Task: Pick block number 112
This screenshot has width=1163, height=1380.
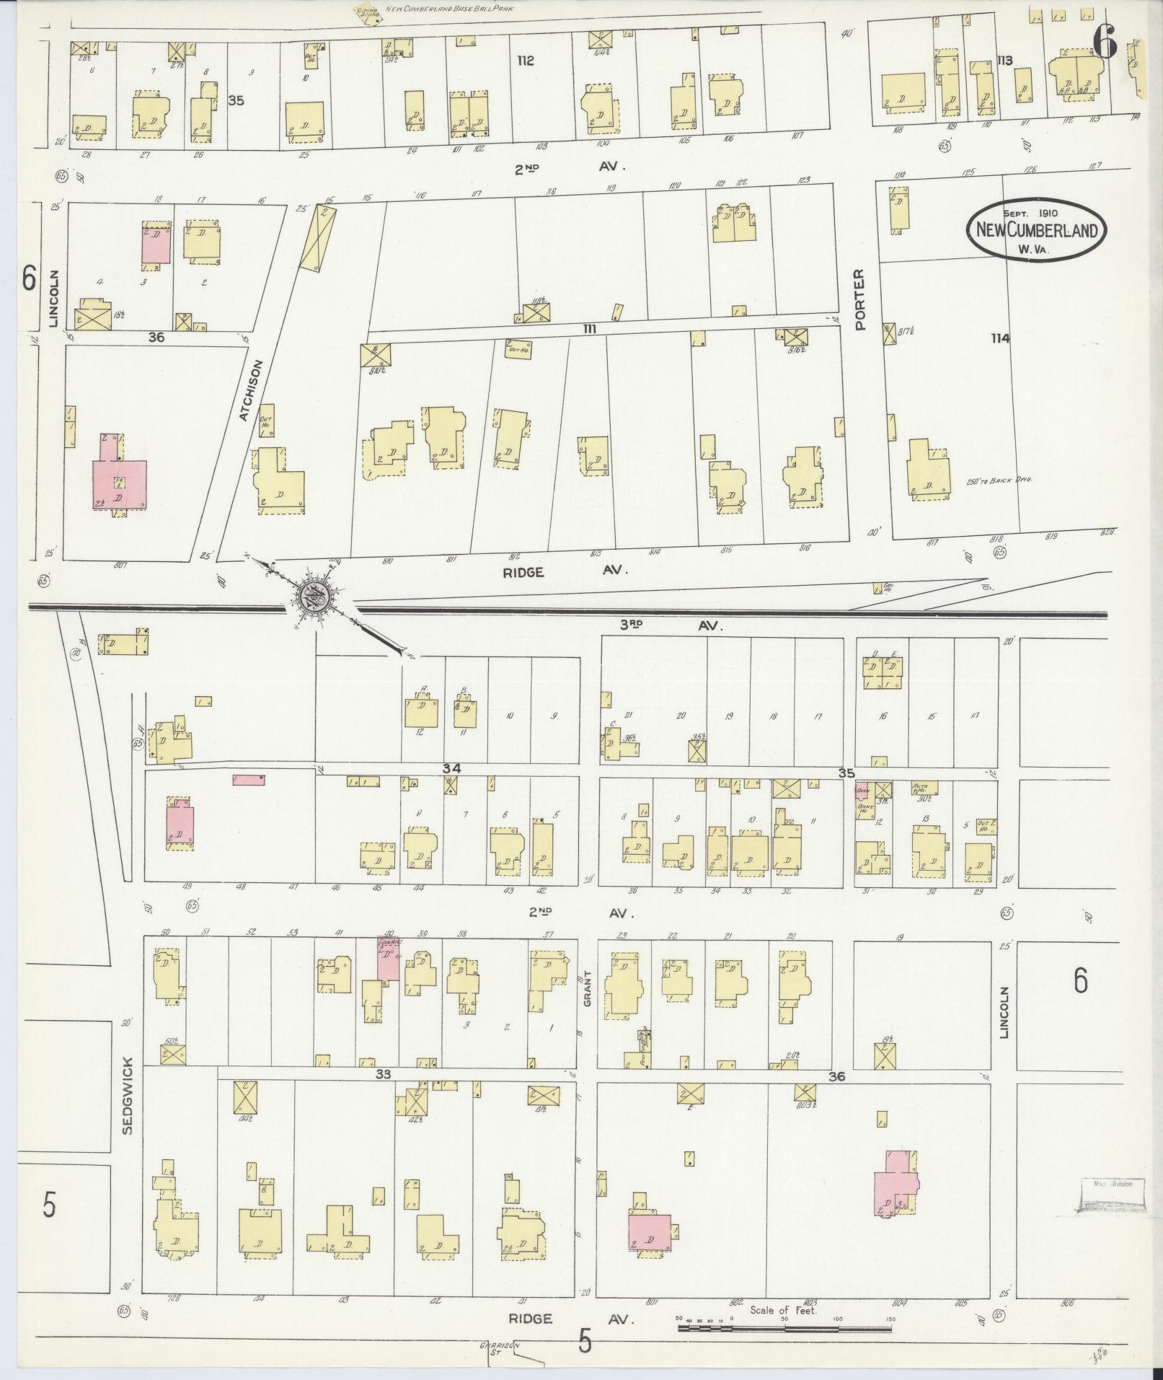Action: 525,61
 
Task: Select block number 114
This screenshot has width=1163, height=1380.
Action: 1000,338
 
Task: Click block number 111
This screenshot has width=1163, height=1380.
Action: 590,329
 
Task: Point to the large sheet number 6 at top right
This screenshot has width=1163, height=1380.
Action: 1104,43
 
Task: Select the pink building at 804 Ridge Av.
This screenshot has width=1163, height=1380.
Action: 895,1187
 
